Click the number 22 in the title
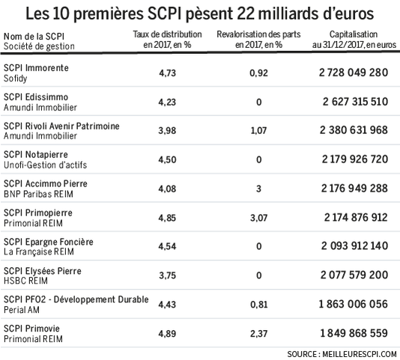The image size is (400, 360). [x=246, y=13]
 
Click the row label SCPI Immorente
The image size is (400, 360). [x=36, y=68]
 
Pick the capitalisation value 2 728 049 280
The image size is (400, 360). [x=354, y=73]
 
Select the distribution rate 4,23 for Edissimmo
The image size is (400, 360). [x=167, y=103]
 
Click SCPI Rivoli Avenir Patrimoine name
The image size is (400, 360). [x=61, y=126]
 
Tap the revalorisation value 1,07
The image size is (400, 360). [x=258, y=130]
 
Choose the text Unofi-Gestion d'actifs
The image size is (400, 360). [x=45, y=165]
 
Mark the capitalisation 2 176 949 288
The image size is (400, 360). [x=354, y=189]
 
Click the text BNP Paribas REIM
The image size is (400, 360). [x=38, y=194]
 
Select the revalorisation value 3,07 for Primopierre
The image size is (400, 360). [x=258, y=218]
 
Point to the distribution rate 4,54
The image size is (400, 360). [x=167, y=246]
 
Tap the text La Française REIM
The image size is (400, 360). [x=39, y=251]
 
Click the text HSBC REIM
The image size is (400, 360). [x=25, y=281]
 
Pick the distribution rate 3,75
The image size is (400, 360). [x=167, y=275]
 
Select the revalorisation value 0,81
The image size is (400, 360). [x=259, y=305]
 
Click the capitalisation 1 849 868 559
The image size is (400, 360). [x=354, y=333]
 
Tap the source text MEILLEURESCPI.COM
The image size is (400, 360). [x=360, y=354]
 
